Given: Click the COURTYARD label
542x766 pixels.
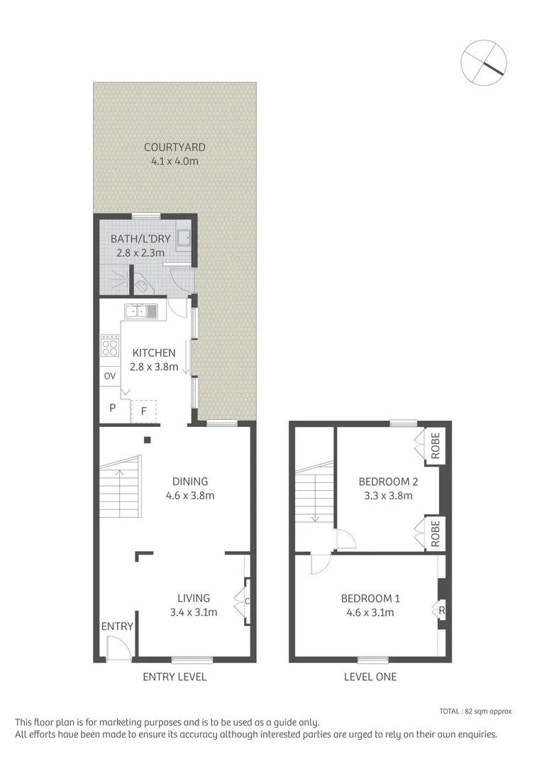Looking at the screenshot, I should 175,148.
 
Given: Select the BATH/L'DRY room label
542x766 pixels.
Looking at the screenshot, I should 140,238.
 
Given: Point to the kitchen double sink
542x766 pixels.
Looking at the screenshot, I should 141,311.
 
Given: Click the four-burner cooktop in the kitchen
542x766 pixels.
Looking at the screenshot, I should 110,345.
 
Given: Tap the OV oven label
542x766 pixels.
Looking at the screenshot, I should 109,376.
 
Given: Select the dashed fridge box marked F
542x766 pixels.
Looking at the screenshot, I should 143,410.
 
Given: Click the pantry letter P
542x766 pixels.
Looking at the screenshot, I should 112,408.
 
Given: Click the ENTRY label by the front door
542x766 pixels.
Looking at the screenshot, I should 117,626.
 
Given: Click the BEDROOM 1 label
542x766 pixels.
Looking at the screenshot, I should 367,599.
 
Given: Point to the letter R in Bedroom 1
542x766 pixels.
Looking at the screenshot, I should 441,610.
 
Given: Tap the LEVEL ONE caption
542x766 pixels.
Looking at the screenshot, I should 370,677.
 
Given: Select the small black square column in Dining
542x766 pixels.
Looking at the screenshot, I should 147,440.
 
